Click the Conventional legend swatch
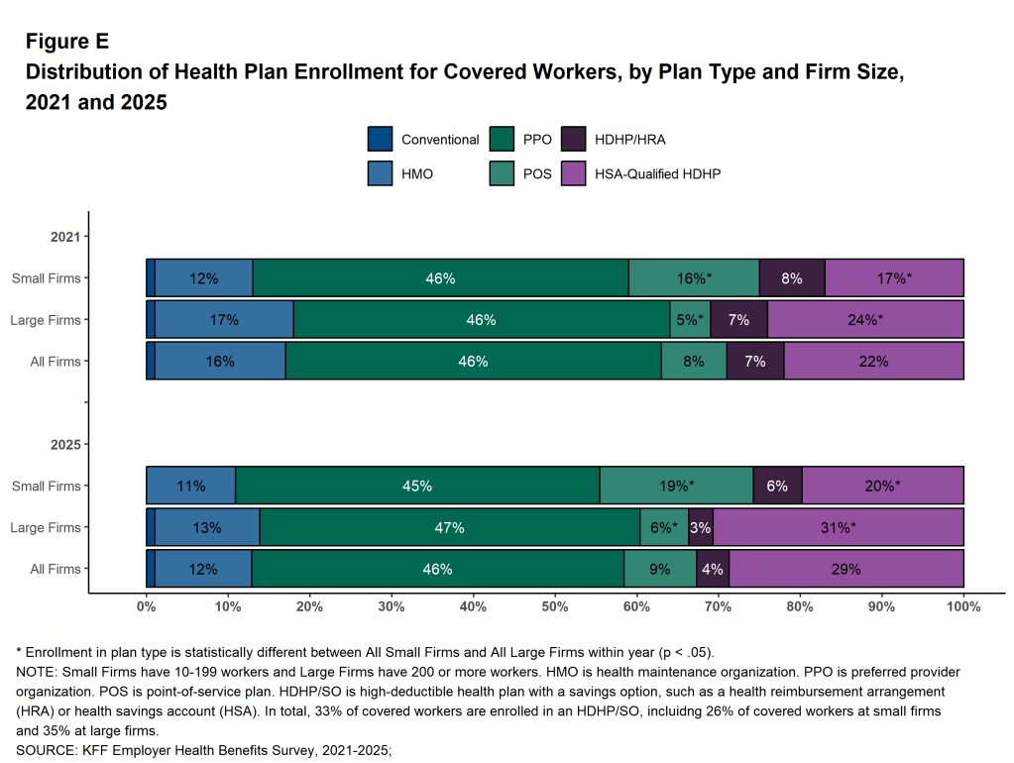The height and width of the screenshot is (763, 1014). point(380,140)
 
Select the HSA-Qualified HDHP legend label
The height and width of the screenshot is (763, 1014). point(657,173)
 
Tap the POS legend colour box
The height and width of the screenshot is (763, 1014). point(504,173)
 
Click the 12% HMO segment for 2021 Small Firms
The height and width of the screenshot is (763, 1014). point(203,278)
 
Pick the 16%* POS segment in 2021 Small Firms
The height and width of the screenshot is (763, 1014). point(694,278)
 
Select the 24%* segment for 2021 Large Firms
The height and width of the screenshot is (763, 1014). point(865,320)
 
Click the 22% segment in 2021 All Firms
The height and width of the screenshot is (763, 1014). point(873,362)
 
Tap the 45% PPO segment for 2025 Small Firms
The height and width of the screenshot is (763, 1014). point(417,487)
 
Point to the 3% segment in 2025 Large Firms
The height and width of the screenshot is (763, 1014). point(700,528)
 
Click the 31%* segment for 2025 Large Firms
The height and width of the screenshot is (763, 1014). point(839,528)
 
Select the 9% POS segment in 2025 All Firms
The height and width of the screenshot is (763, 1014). point(660,570)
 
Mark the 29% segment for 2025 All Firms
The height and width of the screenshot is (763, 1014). point(846,570)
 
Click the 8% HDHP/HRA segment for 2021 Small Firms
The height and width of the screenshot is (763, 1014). point(792,278)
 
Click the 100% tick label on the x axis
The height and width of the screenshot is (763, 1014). point(963,605)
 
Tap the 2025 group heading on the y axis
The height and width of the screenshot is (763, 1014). point(65,445)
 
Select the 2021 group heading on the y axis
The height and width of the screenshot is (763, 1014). point(65,237)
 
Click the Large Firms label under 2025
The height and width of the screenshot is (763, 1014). point(46,528)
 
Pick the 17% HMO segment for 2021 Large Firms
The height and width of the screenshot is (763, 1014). point(224,320)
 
